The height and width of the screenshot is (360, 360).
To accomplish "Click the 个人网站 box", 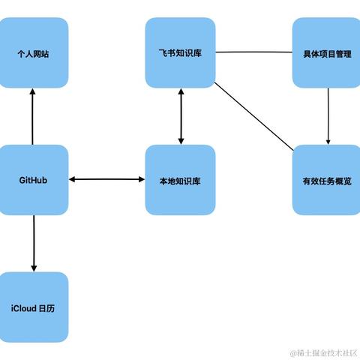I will (34, 53).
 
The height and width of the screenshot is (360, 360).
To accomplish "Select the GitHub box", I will (34, 180).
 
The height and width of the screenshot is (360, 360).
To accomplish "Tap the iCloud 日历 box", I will (34, 307).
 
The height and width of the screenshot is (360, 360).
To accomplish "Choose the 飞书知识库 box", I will (180, 53).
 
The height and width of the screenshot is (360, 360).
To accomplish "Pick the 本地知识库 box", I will (180, 180).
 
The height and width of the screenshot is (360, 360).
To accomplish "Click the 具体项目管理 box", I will (326, 53).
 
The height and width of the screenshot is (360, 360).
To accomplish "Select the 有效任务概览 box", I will (326, 180).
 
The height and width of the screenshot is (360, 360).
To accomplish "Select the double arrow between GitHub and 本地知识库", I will (106, 179).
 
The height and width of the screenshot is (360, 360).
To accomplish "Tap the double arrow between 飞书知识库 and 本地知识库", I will (180, 116).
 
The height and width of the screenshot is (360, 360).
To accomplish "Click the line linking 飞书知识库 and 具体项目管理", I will (253, 52).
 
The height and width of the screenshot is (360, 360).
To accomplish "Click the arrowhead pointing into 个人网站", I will (34, 92).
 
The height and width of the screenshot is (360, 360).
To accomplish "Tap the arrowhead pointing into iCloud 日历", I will (34, 267).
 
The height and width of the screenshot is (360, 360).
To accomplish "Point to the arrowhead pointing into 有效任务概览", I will (328, 140).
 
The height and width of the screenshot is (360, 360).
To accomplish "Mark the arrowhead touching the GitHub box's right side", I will (73, 179).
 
